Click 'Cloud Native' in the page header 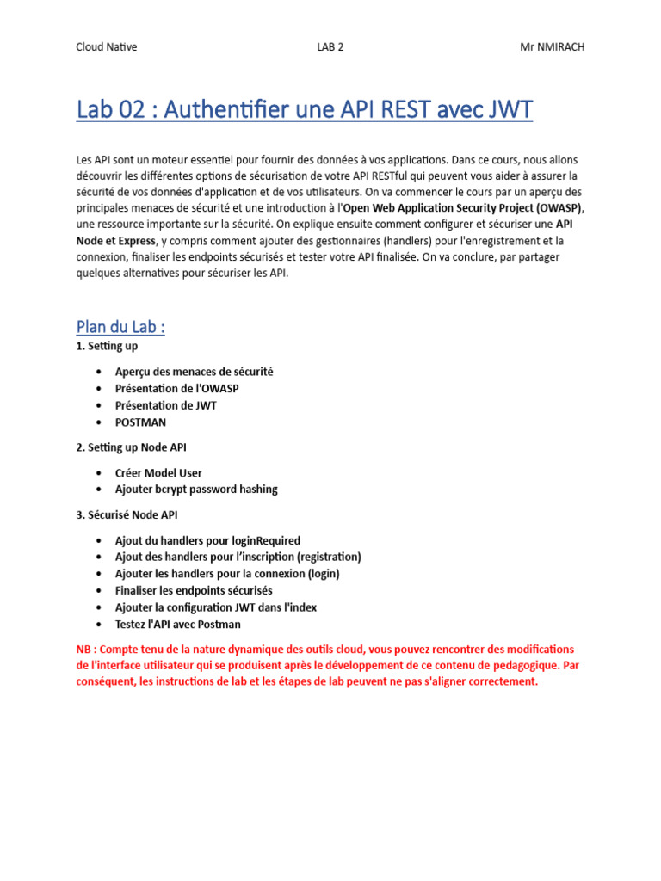click(107, 47)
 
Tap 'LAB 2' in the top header click(330, 47)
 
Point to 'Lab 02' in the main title click(109, 111)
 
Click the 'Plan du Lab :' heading click(120, 327)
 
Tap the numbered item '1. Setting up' click(108, 346)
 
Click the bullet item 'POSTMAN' click(141, 422)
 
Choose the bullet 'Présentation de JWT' click(166, 405)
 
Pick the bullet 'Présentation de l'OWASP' click(177, 388)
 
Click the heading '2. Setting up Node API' click(132, 447)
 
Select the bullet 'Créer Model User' click(159, 472)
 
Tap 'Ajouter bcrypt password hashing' click(197, 490)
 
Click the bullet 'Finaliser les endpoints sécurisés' click(194, 590)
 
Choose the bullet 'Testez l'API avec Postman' click(178, 624)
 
